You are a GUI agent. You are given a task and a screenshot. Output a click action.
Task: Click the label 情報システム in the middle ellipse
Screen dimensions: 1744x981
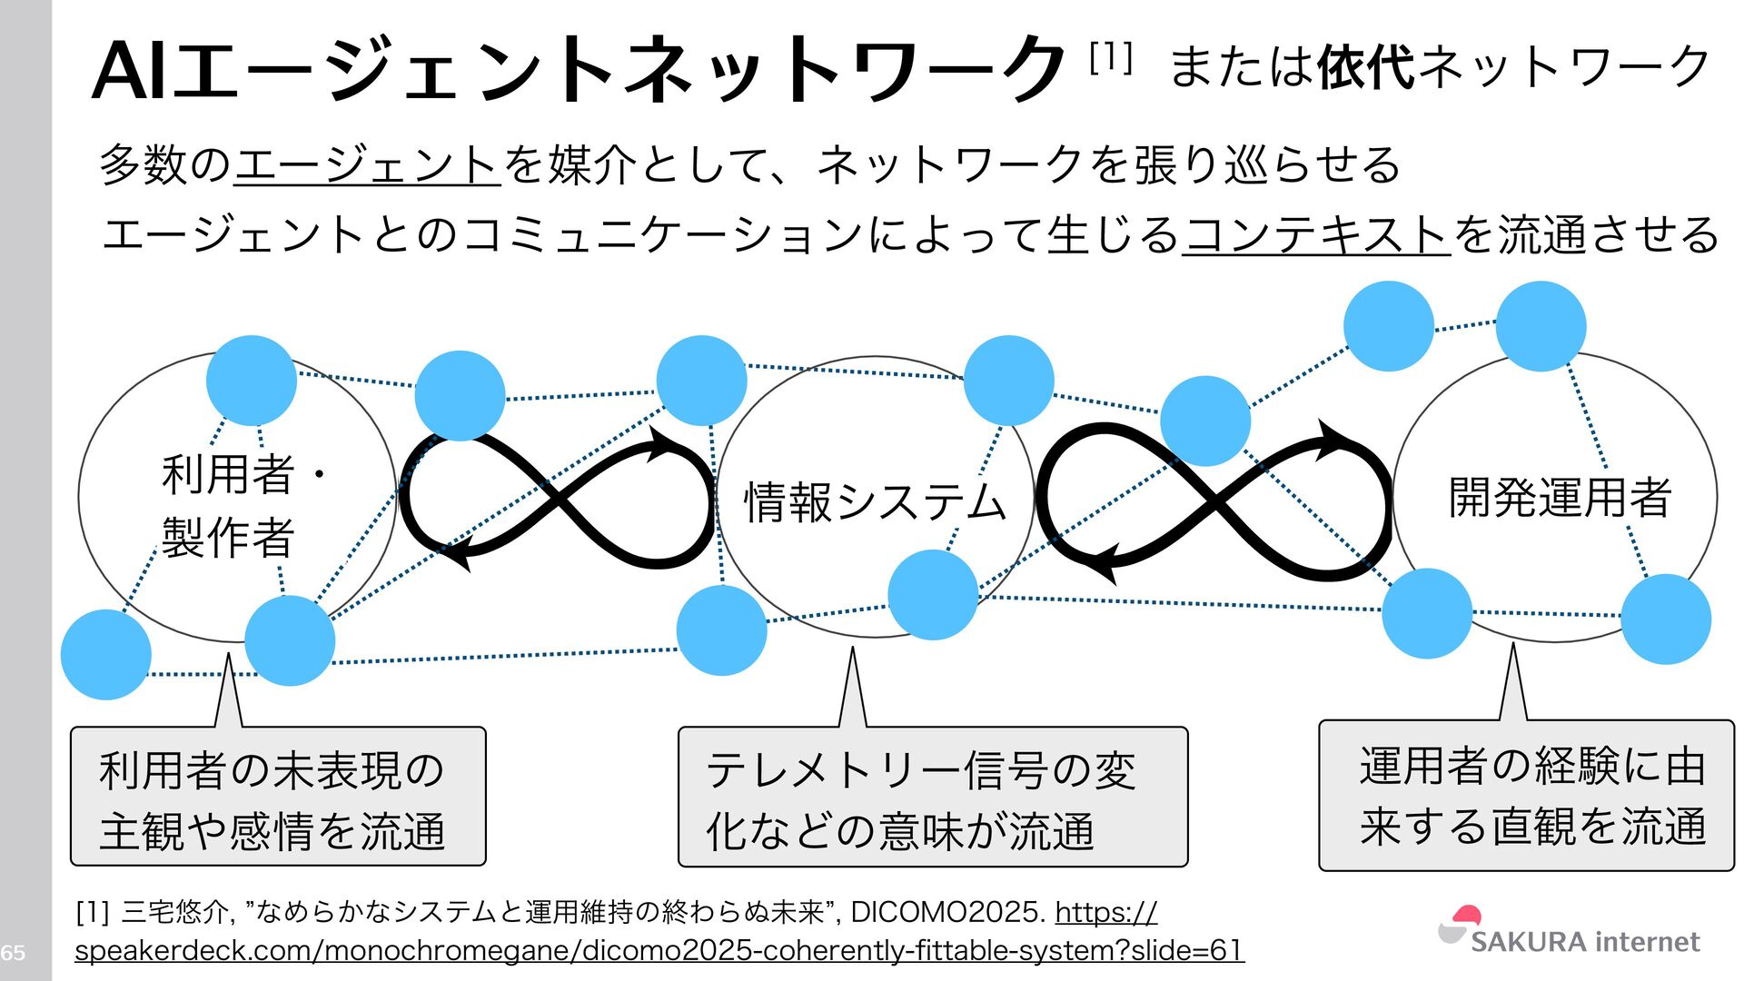(x=875, y=502)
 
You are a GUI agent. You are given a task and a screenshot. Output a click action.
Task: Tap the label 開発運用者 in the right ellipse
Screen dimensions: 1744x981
(x=1559, y=498)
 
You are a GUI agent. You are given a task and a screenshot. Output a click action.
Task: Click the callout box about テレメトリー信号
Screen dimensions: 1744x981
(x=933, y=798)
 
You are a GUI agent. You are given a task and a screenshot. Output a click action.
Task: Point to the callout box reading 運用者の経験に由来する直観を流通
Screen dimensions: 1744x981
(x=1526, y=796)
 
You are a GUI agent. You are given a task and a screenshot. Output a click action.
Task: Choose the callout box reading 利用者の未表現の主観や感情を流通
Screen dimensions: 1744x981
(x=278, y=798)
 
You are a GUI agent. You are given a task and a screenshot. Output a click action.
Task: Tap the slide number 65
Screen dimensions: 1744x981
(x=13, y=952)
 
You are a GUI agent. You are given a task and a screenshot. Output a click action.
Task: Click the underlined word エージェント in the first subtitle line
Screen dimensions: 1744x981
(x=367, y=165)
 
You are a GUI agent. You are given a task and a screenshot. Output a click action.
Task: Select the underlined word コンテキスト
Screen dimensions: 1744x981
(x=1315, y=234)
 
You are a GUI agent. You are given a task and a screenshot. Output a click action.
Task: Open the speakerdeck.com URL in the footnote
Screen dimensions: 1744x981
(x=659, y=950)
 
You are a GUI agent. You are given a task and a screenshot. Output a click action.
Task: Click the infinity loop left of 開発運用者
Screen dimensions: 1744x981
(x=1214, y=500)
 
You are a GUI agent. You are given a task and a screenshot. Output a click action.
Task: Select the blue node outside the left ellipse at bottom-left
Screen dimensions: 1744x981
(x=106, y=654)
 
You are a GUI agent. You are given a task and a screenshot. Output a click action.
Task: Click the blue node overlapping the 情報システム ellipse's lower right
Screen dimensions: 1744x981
(x=932, y=595)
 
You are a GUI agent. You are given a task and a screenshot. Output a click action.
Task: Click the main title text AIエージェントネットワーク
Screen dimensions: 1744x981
(x=578, y=69)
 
